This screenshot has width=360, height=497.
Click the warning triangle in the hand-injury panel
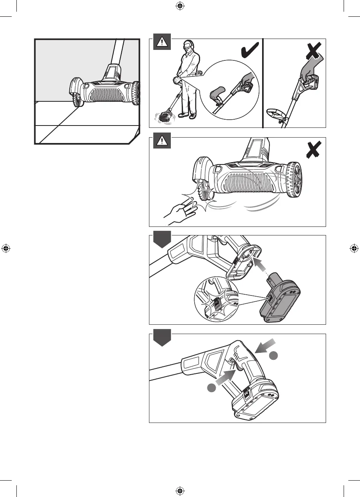[x=161, y=141]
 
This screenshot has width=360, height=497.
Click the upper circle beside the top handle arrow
[x=274, y=355]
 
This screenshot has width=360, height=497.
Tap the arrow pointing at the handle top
[x=266, y=347]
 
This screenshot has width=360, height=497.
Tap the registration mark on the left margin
[x=5, y=248]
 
